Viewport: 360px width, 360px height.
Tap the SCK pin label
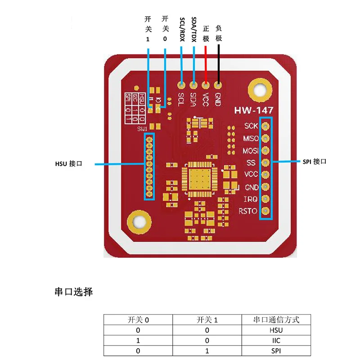pyautogui.click(x=251, y=126)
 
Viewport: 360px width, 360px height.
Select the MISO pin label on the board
pyautogui.click(x=251, y=138)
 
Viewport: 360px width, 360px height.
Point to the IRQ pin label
pyautogui.click(x=251, y=199)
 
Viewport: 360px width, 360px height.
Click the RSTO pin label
pyautogui.click(x=248, y=211)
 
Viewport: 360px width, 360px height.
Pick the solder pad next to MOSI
pyautogui.click(x=265, y=150)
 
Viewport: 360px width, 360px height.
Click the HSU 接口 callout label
pyautogui.click(x=68, y=164)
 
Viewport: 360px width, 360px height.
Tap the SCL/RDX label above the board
pyautogui.click(x=182, y=30)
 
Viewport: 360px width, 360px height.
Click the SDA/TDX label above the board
pyautogui.click(x=194, y=30)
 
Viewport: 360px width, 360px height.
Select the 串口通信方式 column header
pyautogui.click(x=276, y=320)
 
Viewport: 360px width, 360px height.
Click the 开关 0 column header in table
pyautogui.click(x=138, y=320)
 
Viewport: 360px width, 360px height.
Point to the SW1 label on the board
pyautogui.click(x=143, y=129)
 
